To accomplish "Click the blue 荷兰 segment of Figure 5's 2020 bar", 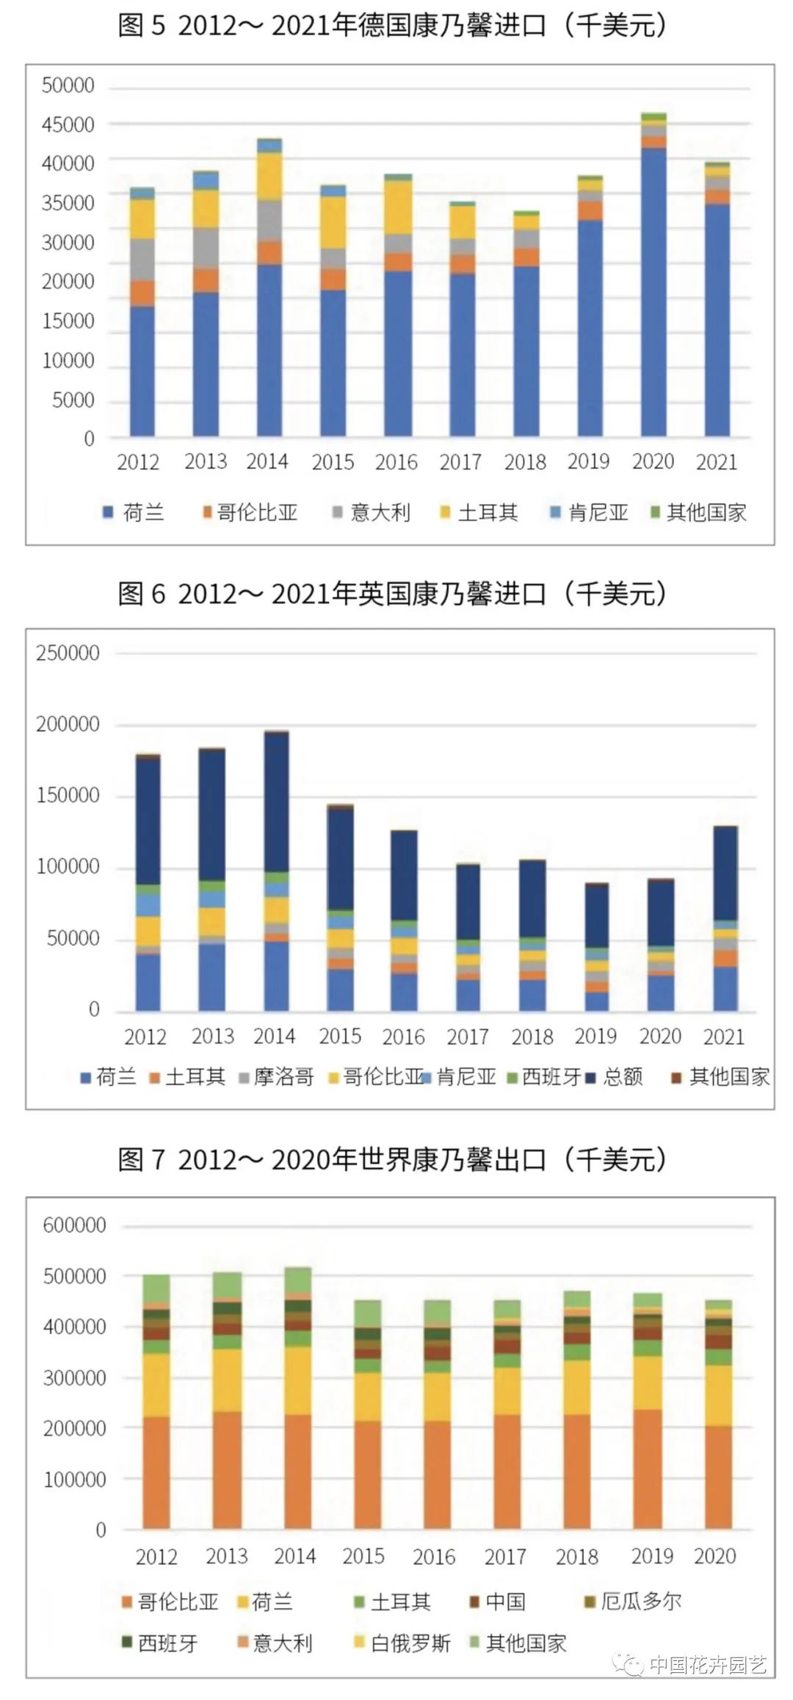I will (x=653, y=294).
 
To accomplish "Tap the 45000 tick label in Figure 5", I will (x=68, y=125).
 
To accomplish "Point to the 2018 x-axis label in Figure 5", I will (x=524, y=461).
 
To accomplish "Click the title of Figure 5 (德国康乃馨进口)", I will (x=393, y=26).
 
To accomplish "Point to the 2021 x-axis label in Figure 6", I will (x=723, y=1037).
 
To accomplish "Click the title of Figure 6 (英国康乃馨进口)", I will (x=393, y=594).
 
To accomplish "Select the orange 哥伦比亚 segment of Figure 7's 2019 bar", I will (x=647, y=1469).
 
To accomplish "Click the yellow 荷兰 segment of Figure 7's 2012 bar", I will (x=156, y=1385).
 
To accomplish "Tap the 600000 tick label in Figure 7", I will (x=74, y=1225).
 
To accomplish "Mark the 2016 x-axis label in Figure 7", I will (x=433, y=1556).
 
